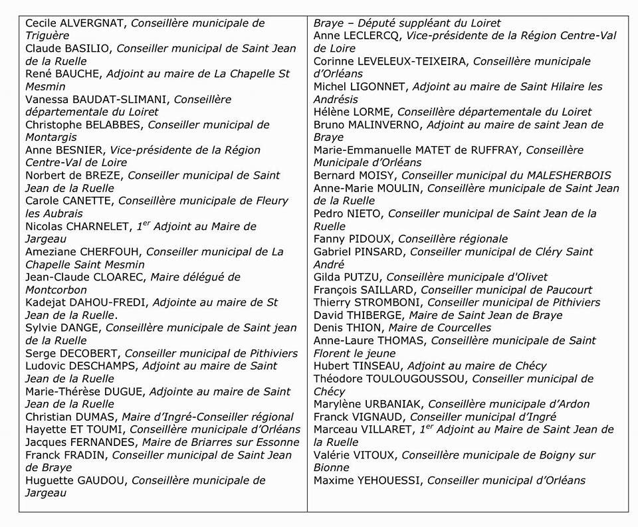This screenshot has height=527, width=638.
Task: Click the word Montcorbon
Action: (x=56, y=290)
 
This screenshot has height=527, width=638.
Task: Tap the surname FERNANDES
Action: (x=106, y=443)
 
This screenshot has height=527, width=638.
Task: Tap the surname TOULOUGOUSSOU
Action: (x=414, y=379)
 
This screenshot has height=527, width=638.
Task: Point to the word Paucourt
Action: (x=564, y=290)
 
